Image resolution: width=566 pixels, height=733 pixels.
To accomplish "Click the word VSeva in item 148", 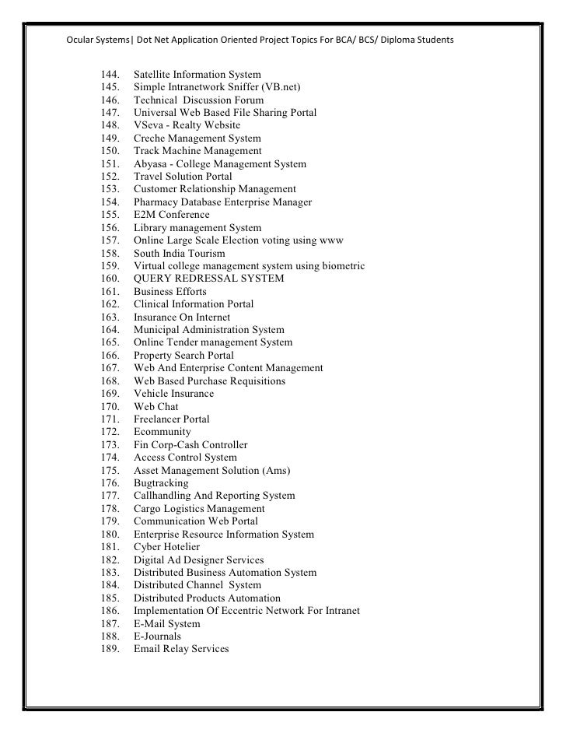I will click(x=148, y=125).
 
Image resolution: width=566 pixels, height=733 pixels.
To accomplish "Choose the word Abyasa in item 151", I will click(x=151, y=164).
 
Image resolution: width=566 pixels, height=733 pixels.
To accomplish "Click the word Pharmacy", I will click(x=156, y=202).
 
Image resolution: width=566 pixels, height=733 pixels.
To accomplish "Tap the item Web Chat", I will click(x=155, y=406).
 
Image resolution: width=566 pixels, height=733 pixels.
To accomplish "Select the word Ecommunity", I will click(x=162, y=432).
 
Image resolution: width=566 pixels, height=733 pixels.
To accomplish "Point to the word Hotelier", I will click(x=182, y=547).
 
